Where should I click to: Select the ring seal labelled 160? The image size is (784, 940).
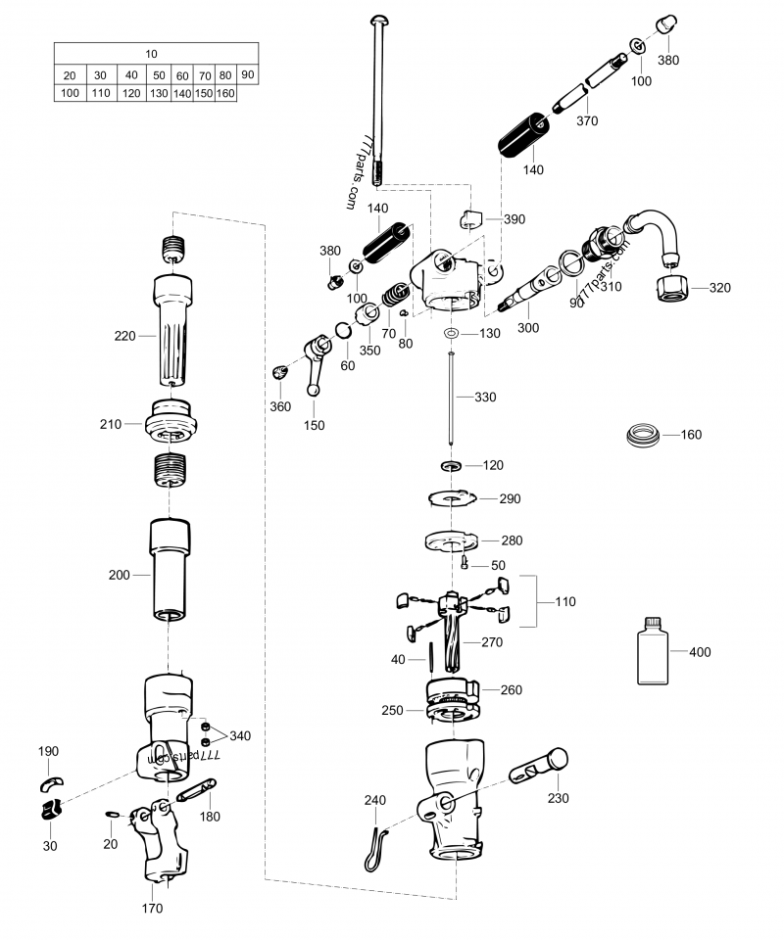(x=643, y=434)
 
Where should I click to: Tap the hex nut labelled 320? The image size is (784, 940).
(x=672, y=288)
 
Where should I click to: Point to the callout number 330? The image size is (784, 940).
(x=485, y=398)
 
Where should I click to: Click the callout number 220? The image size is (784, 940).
(x=124, y=335)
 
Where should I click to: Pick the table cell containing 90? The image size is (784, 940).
(x=248, y=74)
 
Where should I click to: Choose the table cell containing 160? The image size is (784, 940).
(x=225, y=93)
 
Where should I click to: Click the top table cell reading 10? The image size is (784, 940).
(x=156, y=54)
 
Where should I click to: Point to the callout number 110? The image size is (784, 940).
(x=565, y=602)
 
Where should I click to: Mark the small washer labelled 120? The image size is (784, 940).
(x=451, y=464)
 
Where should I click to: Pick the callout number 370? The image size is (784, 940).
(x=587, y=121)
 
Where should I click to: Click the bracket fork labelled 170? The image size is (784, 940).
(x=162, y=843)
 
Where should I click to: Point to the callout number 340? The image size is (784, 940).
(x=240, y=735)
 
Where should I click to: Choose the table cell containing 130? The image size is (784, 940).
(x=159, y=93)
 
